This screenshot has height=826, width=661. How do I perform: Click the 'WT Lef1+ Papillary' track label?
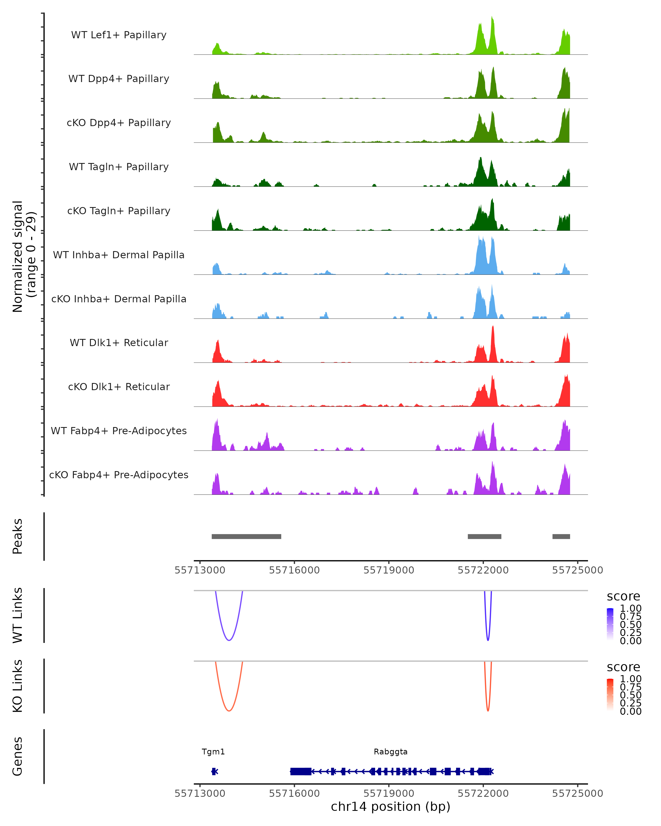click(119, 35)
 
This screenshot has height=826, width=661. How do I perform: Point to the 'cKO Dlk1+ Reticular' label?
click(119, 387)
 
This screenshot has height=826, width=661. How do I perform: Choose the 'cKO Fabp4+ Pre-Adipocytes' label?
click(119, 475)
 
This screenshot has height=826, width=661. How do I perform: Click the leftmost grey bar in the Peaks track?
click(246, 536)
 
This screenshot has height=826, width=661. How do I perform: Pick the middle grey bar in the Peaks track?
click(484, 536)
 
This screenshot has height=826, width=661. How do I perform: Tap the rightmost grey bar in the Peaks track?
click(561, 536)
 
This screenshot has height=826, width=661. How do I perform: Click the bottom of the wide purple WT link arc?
click(229, 640)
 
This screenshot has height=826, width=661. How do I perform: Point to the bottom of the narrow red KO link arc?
click(488, 711)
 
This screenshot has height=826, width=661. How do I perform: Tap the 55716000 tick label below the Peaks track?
click(294, 570)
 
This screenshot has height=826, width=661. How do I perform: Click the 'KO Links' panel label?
click(18, 686)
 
